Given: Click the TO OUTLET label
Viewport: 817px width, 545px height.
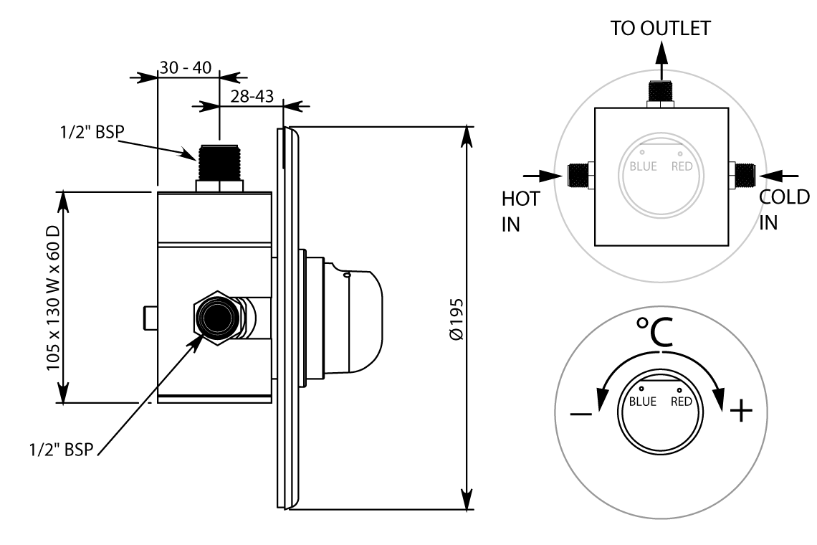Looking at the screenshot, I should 661,29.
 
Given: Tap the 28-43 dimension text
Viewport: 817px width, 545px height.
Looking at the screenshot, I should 252,98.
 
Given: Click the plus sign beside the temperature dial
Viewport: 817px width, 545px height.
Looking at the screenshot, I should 741,411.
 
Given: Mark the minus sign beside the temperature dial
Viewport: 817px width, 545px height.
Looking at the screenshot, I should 580,414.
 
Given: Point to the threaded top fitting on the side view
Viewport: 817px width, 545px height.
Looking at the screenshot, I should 219,162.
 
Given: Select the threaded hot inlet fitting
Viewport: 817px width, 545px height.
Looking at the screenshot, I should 577,174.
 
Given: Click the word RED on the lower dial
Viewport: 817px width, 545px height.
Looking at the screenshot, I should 682,402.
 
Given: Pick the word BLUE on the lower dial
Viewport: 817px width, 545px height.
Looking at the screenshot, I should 642,402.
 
